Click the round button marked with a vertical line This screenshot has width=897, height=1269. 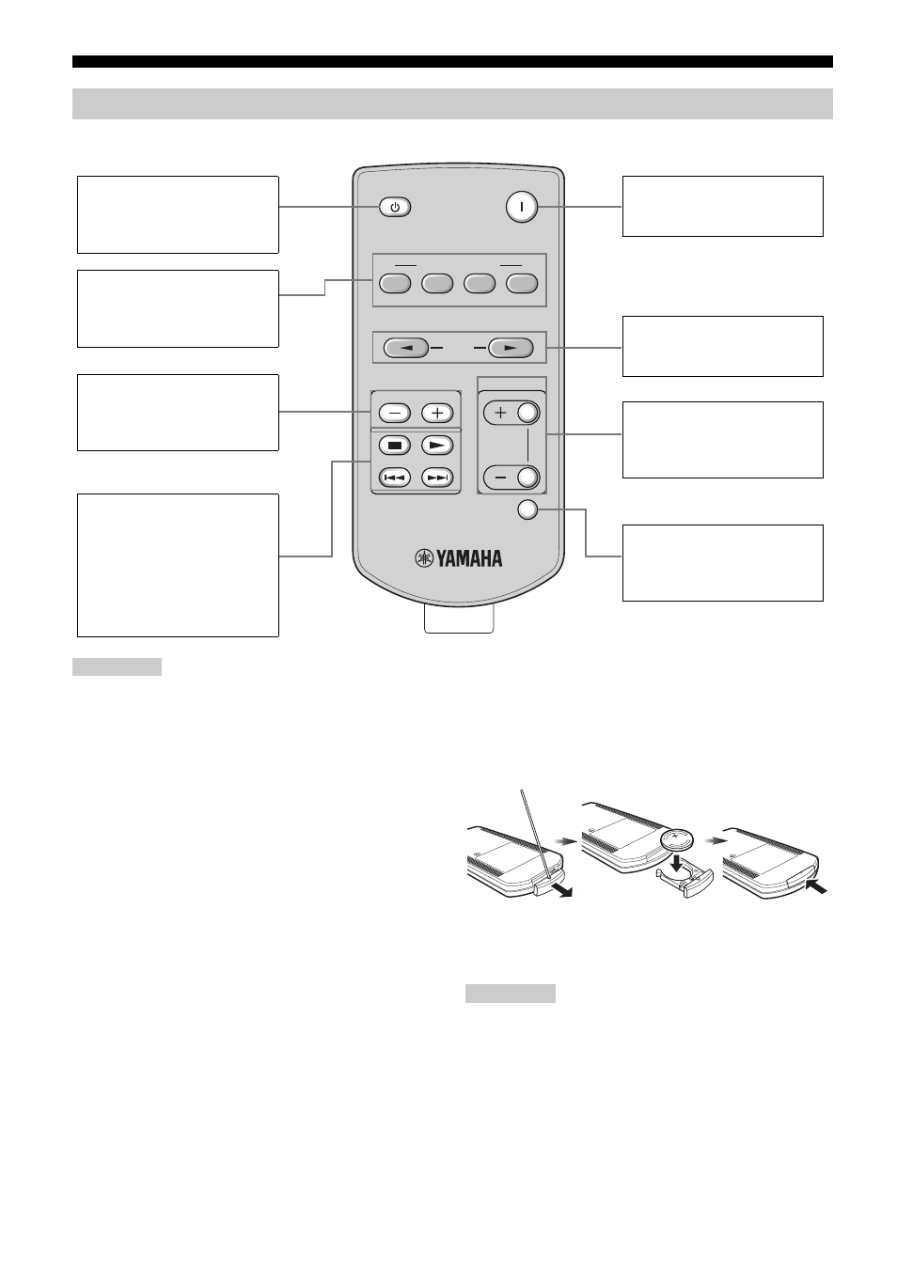click(521, 207)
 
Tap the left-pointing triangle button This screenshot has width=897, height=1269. click(405, 347)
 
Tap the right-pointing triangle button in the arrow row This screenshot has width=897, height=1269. click(511, 347)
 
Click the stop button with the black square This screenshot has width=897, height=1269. click(395, 446)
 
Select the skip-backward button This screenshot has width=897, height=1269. click(395, 478)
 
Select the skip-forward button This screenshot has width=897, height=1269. click(437, 478)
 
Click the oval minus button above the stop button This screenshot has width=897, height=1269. click(395, 413)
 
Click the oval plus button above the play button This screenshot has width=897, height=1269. click(437, 413)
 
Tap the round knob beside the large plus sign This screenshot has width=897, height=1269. click(527, 413)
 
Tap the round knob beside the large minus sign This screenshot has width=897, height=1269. click(527, 478)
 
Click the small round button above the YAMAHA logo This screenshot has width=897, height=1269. click(527, 509)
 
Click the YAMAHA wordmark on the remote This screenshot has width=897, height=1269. click(468, 558)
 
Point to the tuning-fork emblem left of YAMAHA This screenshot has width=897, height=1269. click(424, 558)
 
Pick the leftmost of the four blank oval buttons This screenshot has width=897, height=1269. click(395, 283)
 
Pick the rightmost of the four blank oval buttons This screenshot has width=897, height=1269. click(522, 283)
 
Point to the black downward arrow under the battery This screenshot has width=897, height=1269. click(675, 863)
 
